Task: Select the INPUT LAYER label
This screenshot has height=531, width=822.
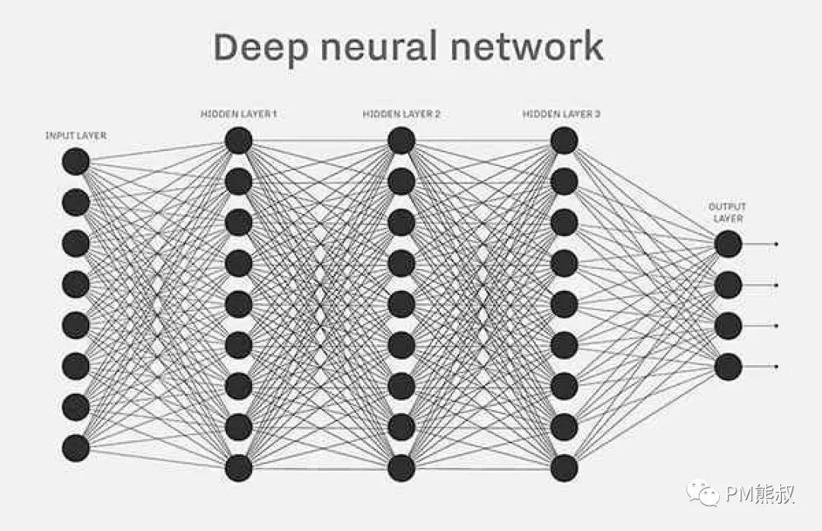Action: point(76,136)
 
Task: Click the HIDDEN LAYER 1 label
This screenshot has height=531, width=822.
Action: point(238,114)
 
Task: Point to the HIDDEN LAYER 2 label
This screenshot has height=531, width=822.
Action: point(401,114)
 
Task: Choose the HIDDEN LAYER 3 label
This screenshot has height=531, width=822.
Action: point(562,114)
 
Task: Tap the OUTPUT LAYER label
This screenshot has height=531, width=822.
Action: point(727,213)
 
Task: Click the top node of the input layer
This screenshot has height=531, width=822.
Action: point(76,162)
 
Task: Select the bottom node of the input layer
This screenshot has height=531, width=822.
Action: point(76,447)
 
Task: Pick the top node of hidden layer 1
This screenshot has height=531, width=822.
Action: point(238,140)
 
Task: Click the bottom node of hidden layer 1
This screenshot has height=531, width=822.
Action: point(238,468)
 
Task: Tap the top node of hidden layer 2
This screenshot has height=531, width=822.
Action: point(401,140)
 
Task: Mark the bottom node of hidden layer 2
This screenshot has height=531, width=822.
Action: point(401,468)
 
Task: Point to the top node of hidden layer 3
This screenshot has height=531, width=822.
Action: point(564,140)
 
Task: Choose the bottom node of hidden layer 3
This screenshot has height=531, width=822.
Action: point(564,468)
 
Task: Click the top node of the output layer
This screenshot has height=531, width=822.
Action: point(728,244)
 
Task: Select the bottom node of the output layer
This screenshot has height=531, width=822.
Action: point(728,366)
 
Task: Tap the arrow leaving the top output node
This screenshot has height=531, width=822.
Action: point(761,244)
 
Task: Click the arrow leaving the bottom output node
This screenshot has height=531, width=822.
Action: point(761,366)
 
